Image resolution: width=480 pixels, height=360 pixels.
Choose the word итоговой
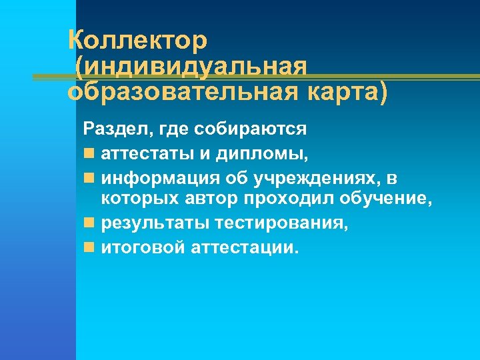[x=143, y=247]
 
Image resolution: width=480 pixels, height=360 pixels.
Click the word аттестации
[x=245, y=247]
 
